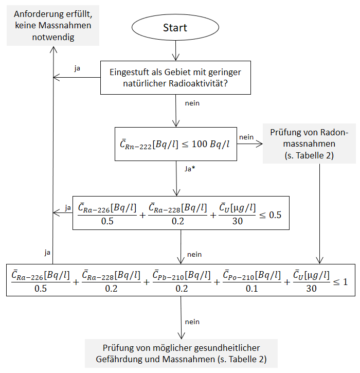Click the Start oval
[x=175, y=28]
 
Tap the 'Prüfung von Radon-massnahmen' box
[x=309, y=144]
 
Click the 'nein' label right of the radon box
[x=246, y=136]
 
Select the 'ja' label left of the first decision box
[x=77, y=68]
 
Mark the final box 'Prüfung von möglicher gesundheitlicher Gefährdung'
[x=181, y=353]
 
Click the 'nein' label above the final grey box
[x=192, y=322]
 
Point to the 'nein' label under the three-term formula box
[x=194, y=254]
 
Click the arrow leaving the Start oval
[x=176, y=51]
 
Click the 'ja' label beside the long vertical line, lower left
[x=47, y=252]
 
